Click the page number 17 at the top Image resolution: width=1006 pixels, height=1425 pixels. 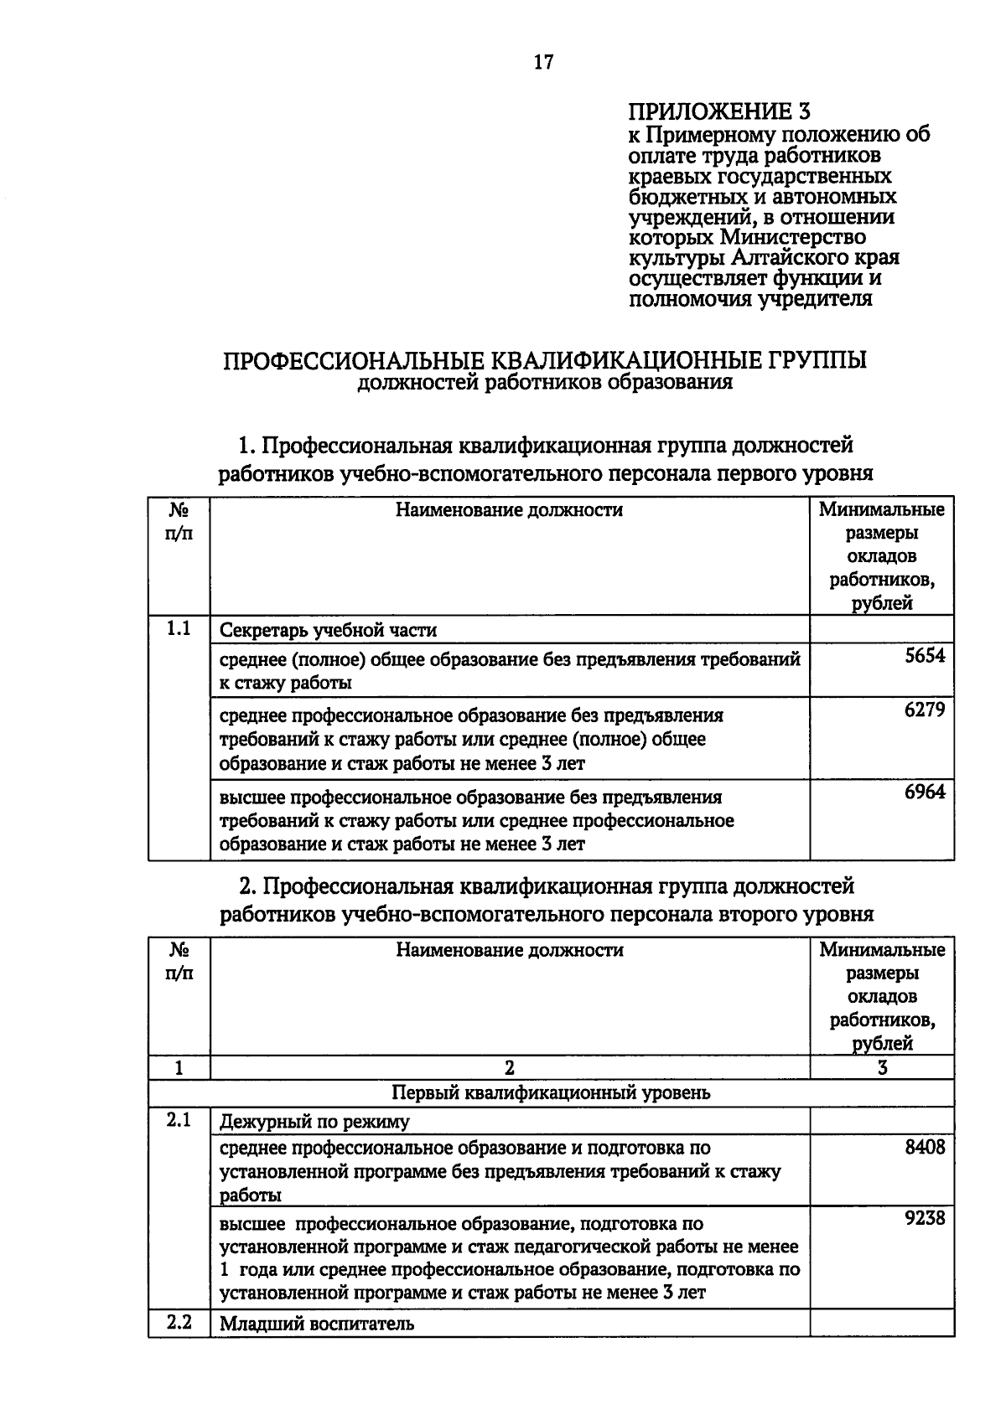coord(543,62)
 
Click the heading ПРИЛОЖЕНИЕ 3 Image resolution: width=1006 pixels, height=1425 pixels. coord(720,112)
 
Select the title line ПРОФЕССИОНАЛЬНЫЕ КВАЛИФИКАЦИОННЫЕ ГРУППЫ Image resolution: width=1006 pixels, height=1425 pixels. coord(544,360)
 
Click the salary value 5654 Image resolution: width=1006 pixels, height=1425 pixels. coord(924,656)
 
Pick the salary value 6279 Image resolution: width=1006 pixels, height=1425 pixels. coord(924,710)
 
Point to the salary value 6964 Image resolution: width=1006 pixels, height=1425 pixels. coord(924,792)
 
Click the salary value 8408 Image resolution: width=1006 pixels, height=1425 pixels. coord(924,1147)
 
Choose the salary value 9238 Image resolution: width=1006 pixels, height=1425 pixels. coord(924,1218)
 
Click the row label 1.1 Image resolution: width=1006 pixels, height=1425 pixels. coord(179,628)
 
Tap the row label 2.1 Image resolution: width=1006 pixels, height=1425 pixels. coord(179,1120)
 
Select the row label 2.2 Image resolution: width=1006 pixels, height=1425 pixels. coord(179,1323)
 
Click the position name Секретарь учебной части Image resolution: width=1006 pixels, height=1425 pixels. coord(328,630)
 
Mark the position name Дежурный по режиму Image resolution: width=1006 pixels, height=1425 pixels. coord(314,1122)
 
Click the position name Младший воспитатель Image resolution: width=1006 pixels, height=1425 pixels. coord(317,1324)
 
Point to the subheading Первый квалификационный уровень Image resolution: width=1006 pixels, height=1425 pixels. coord(551,1092)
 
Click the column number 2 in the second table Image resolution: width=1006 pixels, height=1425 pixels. coord(510,1067)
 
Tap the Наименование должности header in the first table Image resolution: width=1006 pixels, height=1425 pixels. coord(509,510)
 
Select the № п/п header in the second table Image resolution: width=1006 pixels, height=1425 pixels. coord(179,962)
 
